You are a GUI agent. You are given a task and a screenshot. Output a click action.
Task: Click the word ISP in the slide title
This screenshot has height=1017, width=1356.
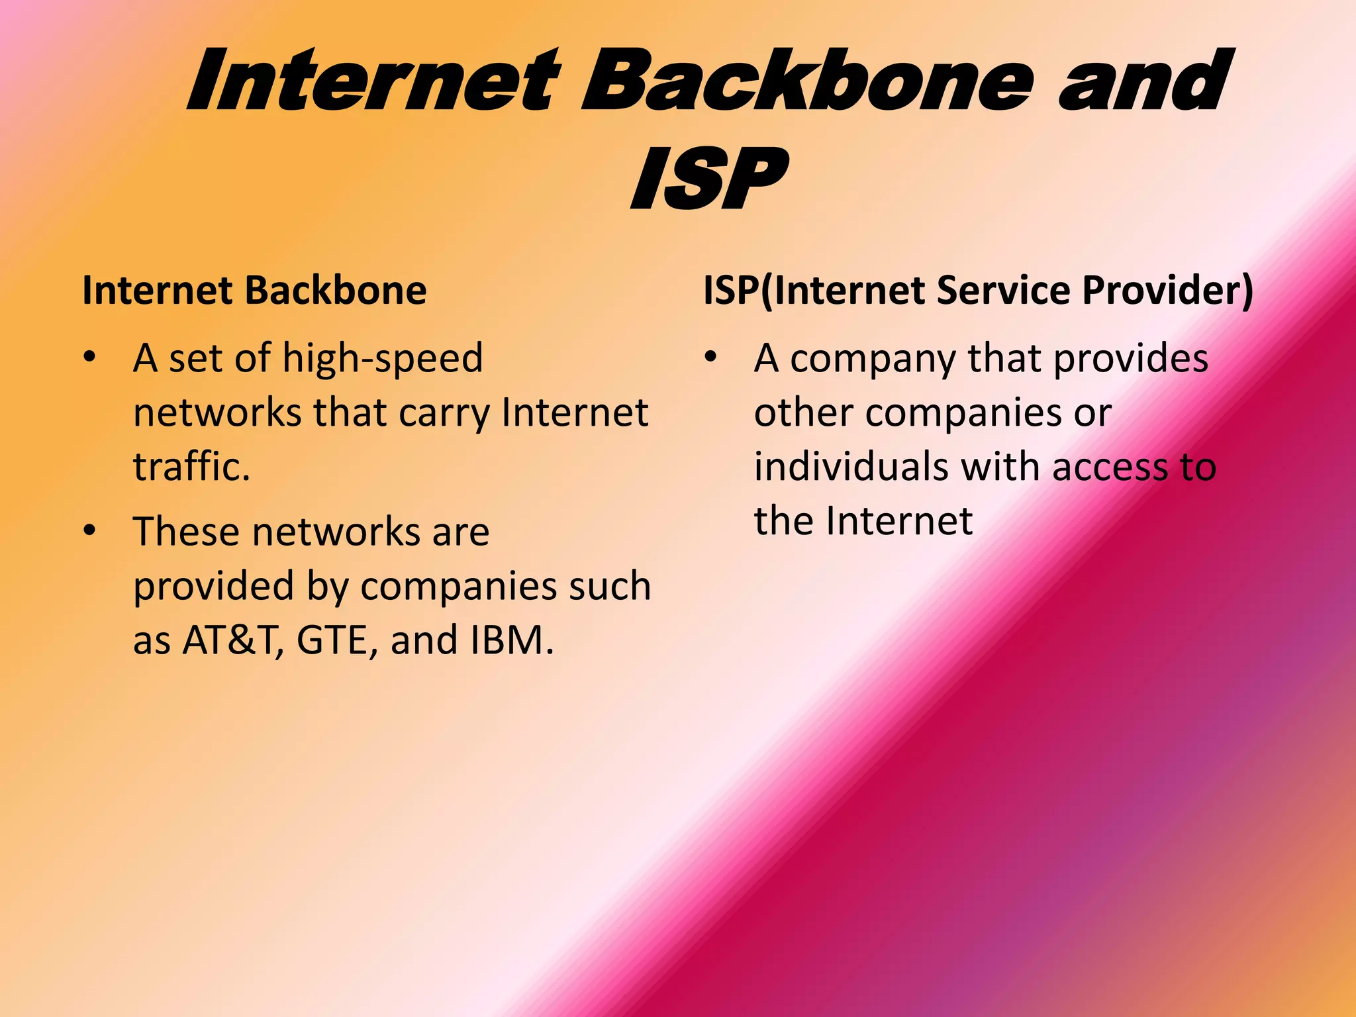pyautogui.click(x=709, y=179)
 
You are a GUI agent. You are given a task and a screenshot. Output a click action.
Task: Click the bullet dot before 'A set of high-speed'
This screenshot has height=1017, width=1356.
pyautogui.click(x=90, y=358)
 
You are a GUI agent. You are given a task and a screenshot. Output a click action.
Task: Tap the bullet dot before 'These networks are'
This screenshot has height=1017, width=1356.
pyautogui.click(x=90, y=531)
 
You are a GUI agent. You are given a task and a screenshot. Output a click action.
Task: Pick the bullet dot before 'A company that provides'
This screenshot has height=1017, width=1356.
pyautogui.click(x=710, y=358)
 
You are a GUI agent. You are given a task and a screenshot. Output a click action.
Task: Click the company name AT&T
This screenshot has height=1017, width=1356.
pyautogui.click(x=228, y=640)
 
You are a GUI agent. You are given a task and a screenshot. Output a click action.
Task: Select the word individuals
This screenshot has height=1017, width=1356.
pyautogui.click(x=851, y=467)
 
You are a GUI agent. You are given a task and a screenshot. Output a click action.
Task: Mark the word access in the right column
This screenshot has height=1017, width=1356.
pyautogui.click(x=1110, y=467)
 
